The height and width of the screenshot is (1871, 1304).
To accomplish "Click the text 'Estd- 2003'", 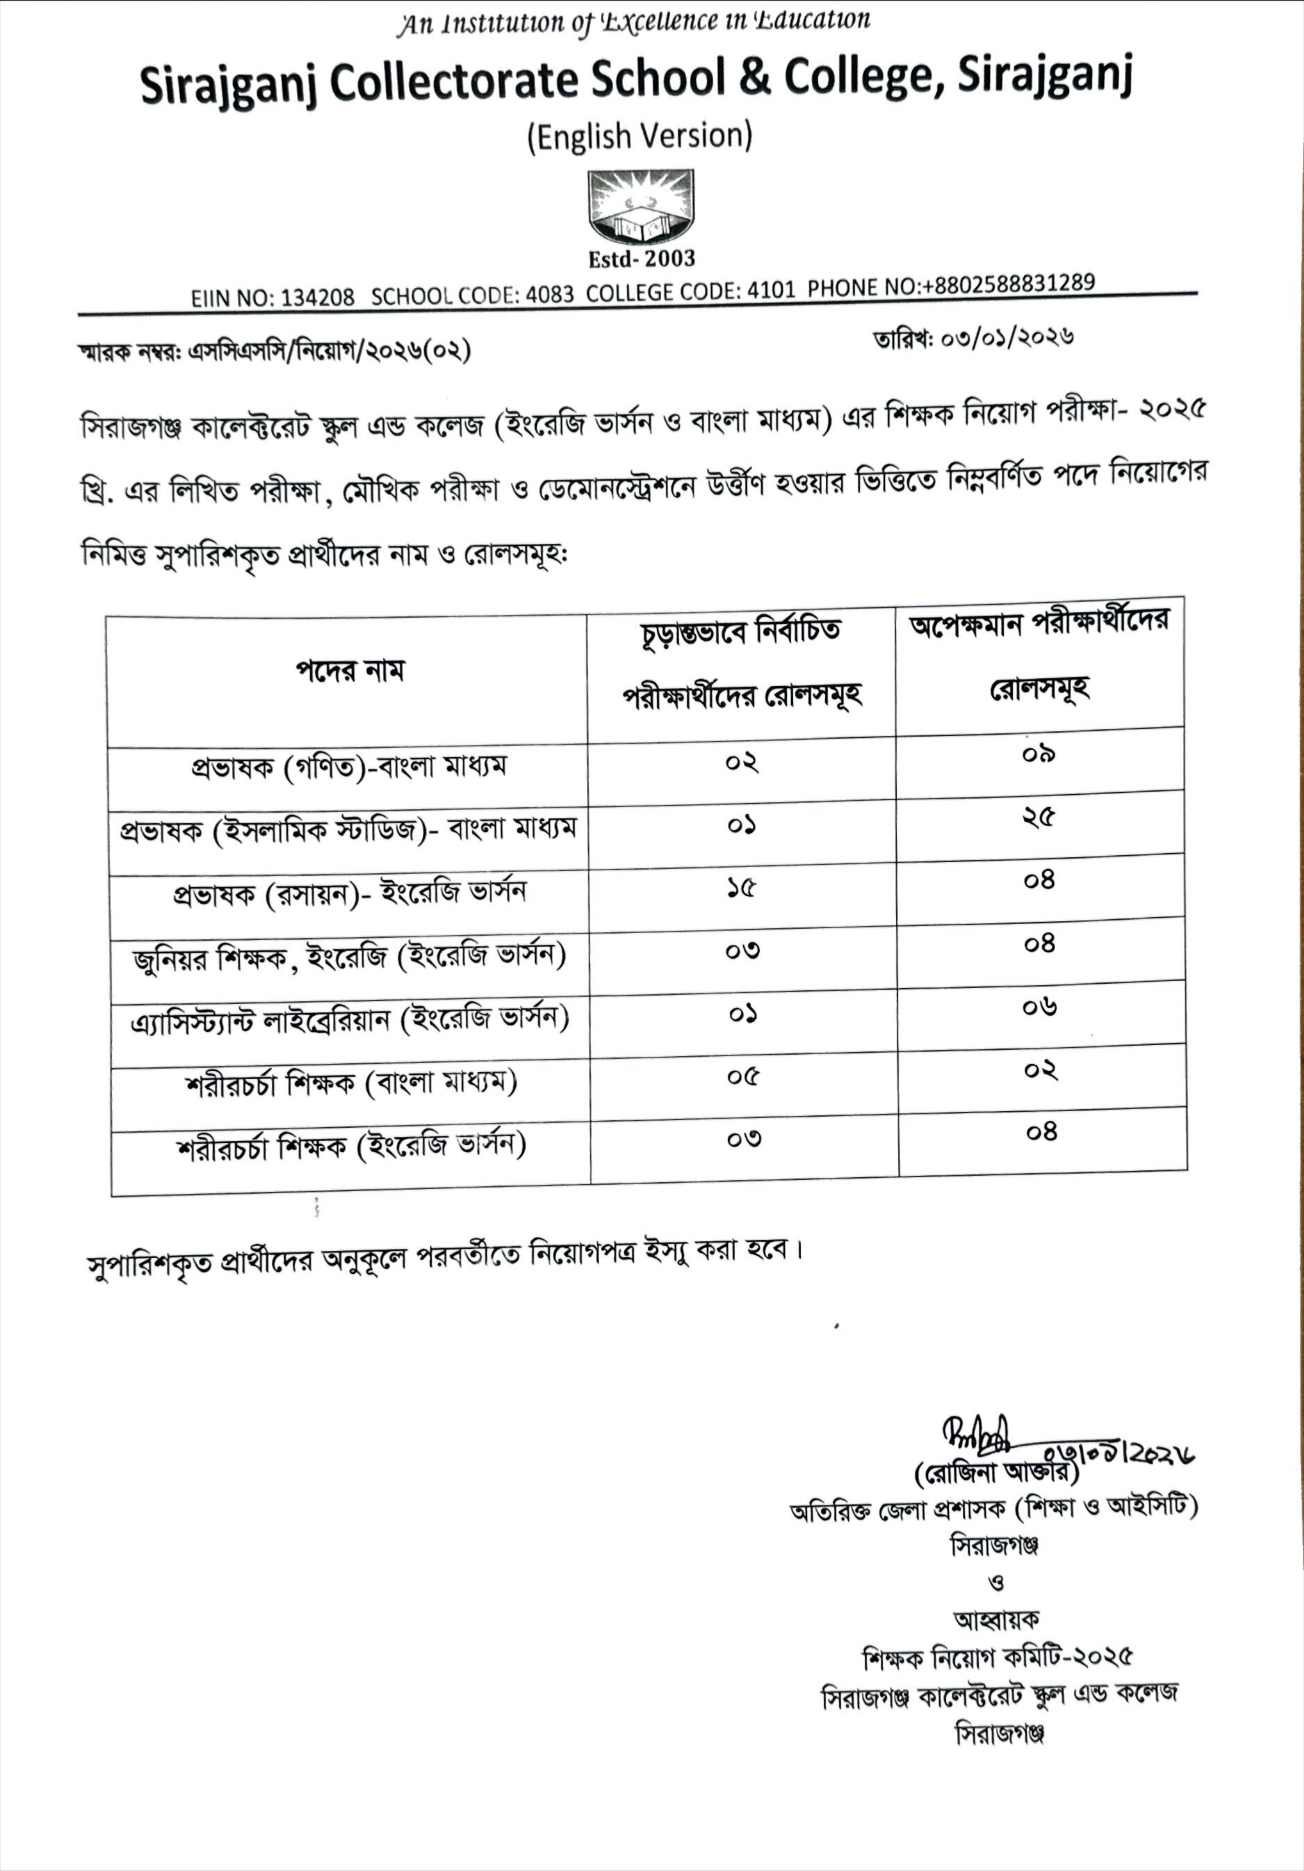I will click(641, 259).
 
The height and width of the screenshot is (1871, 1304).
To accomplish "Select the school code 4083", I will click(549, 294).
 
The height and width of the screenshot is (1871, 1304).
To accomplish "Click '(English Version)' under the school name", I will click(640, 136).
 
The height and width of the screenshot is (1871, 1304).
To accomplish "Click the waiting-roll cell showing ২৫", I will click(1039, 817).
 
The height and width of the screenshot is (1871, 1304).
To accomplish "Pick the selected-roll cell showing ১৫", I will click(742, 888).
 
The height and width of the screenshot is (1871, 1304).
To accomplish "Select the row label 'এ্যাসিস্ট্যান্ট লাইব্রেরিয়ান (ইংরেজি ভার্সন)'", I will click(349, 1020).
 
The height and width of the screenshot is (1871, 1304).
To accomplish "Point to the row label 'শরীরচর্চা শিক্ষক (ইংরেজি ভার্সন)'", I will click(350, 1146).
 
